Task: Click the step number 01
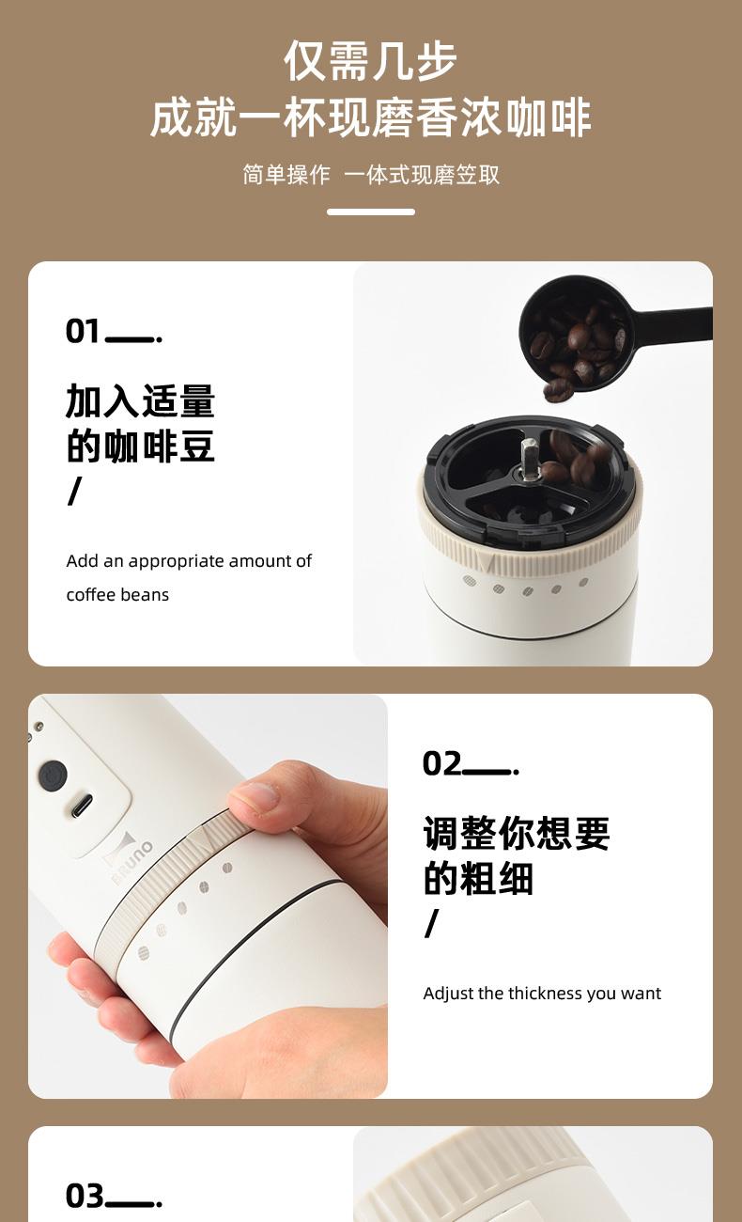click(x=83, y=331)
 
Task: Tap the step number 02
click(x=441, y=763)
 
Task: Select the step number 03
click(x=84, y=1196)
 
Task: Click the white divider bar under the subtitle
click(x=371, y=211)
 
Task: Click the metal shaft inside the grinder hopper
click(x=527, y=460)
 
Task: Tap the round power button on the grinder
click(x=54, y=775)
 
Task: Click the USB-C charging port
click(x=81, y=806)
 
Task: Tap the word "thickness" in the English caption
click(x=537, y=994)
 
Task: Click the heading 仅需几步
click(x=371, y=60)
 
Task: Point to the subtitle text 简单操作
click(x=286, y=175)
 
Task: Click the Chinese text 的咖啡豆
click(x=140, y=446)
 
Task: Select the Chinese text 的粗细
click(x=478, y=878)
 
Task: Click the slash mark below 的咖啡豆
click(x=74, y=491)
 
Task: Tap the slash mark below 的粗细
click(x=431, y=923)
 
